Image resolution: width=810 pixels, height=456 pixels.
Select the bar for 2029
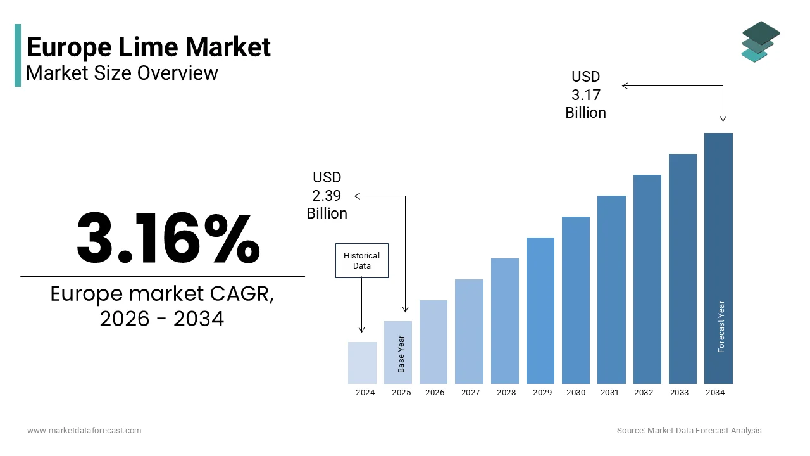click(540, 310)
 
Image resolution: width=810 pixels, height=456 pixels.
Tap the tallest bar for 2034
click(718, 253)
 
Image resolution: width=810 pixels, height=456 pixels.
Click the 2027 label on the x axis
click(470, 393)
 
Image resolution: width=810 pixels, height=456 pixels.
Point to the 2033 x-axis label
click(679, 393)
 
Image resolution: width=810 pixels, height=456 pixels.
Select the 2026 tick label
click(435, 393)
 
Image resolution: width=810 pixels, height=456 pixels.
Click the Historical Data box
click(361, 260)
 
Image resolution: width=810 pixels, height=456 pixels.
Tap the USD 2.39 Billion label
click(327, 195)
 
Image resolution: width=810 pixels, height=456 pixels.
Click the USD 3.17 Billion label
click(585, 94)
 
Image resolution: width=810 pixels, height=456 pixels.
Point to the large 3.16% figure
click(168, 238)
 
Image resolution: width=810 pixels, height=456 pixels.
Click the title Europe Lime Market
click(149, 47)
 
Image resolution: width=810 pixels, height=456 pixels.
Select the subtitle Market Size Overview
click(122, 73)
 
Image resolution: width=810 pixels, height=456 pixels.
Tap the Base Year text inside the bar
click(401, 353)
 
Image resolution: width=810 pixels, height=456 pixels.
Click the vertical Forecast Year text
click(721, 326)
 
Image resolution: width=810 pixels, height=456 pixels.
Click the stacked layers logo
click(760, 42)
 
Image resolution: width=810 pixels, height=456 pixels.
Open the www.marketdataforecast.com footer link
click(84, 430)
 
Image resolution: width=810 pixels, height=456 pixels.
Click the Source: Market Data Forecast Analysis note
click(689, 430)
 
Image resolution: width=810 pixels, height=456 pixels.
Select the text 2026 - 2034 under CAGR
click(162, 319)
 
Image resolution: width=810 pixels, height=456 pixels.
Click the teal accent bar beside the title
click(18, 55)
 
